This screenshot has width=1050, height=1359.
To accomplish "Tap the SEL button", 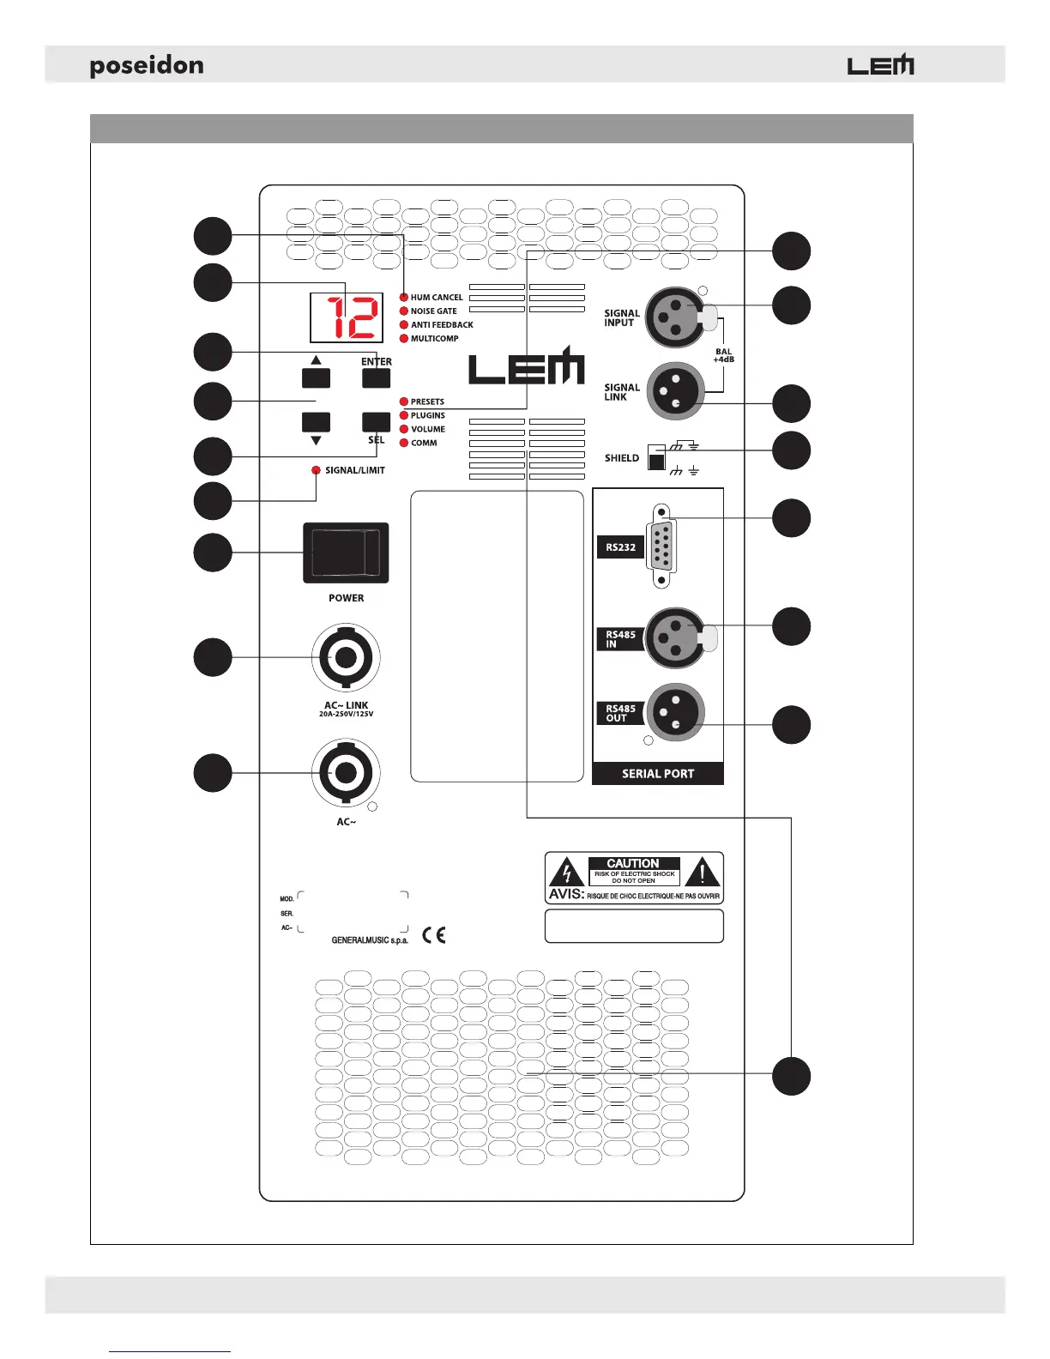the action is [376, 421].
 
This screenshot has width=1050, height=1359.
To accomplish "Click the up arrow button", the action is [316, 377].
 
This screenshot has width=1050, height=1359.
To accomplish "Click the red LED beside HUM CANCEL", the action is [404, 298].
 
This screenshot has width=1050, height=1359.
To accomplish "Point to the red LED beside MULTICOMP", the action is [404, 339].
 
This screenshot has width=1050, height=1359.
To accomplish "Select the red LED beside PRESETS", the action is [404, 402].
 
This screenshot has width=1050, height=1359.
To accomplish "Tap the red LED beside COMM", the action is [404, 443].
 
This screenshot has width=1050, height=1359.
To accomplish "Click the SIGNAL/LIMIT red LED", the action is [316, 470].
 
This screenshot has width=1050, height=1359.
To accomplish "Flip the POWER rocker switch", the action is [346, 552].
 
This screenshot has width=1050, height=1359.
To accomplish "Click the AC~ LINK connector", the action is [346, 658].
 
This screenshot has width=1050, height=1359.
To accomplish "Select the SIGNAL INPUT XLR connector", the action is [675, 317].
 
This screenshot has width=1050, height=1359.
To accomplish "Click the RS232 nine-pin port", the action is [661, 546].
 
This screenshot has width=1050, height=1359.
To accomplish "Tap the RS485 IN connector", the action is [675, 637].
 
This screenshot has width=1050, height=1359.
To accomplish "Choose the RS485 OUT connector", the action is [675, 712].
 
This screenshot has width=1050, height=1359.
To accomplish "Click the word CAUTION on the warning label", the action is [633, 863].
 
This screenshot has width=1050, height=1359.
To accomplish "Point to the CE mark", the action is [434, 934].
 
